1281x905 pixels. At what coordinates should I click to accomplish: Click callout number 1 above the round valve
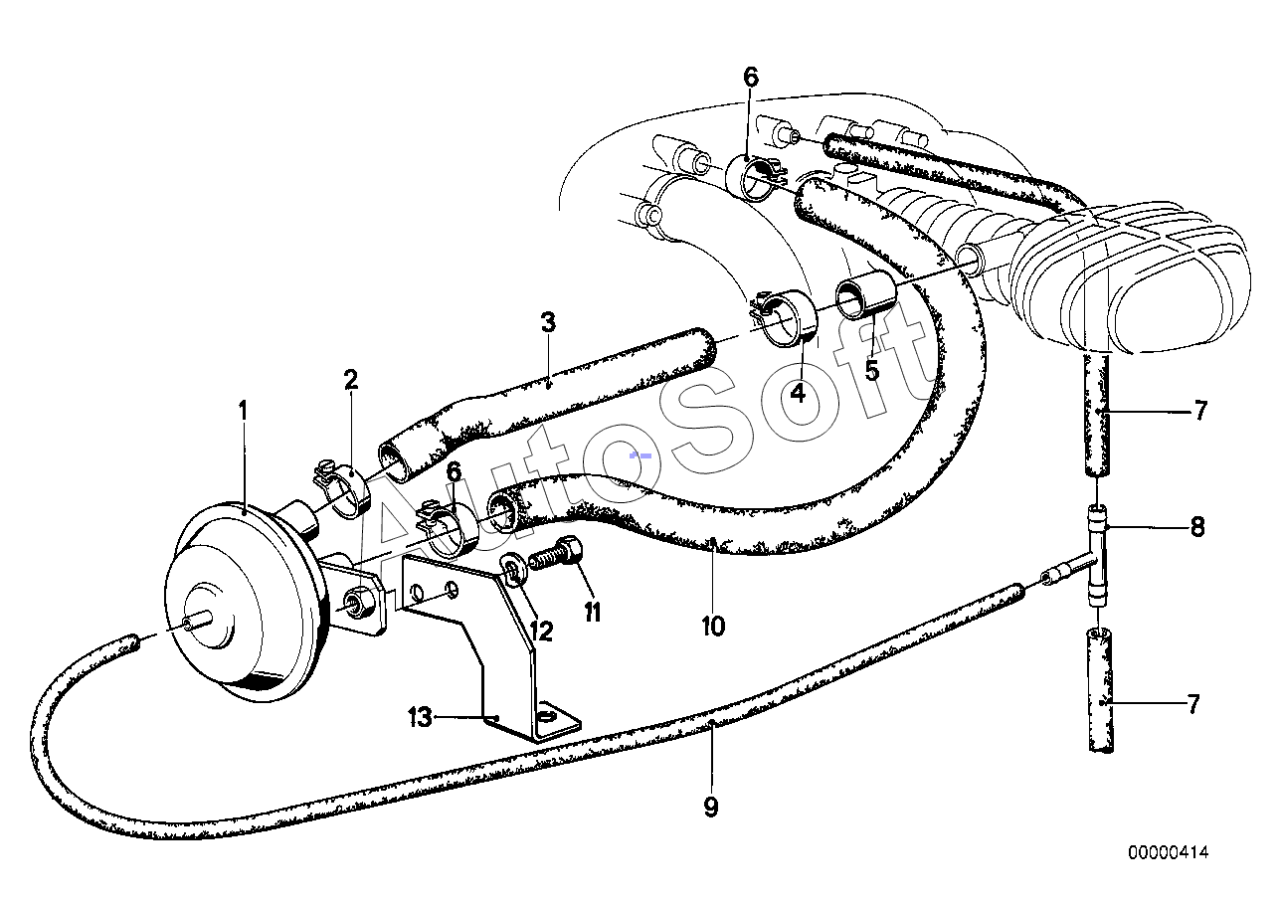[244, 412]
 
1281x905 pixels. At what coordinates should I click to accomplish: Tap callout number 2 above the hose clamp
[350, 380]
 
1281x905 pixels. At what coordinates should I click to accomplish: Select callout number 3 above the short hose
[548, 322]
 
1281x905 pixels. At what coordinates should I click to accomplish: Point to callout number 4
[798, 393]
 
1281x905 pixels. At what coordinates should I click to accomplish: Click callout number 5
[871, 371]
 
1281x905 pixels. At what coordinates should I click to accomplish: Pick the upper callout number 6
[750, 77]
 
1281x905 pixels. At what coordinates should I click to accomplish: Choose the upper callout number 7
[1200, 411]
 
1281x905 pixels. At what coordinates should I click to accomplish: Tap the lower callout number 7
[1192, 704]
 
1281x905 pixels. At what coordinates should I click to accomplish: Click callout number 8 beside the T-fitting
[1197, 527]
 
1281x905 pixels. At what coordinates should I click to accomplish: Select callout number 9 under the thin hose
[711, 808]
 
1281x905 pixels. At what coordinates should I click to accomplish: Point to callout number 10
[713, 627]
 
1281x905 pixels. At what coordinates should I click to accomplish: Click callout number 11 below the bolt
[593, 613]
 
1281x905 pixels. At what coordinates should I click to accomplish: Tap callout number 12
[541, 632]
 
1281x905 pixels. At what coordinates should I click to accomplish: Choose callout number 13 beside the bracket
[421, 717]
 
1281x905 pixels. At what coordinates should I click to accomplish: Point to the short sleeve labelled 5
[865, 297]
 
